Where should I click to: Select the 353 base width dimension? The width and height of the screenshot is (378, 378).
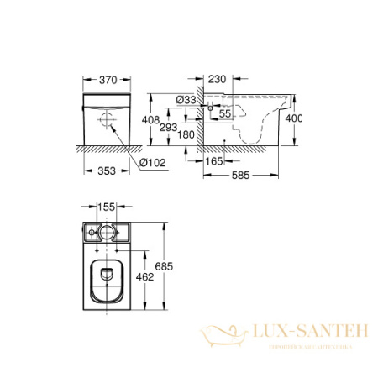[105, 170]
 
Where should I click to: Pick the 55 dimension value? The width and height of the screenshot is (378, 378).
[224, 113]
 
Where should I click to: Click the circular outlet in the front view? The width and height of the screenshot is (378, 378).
[107, 120]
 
